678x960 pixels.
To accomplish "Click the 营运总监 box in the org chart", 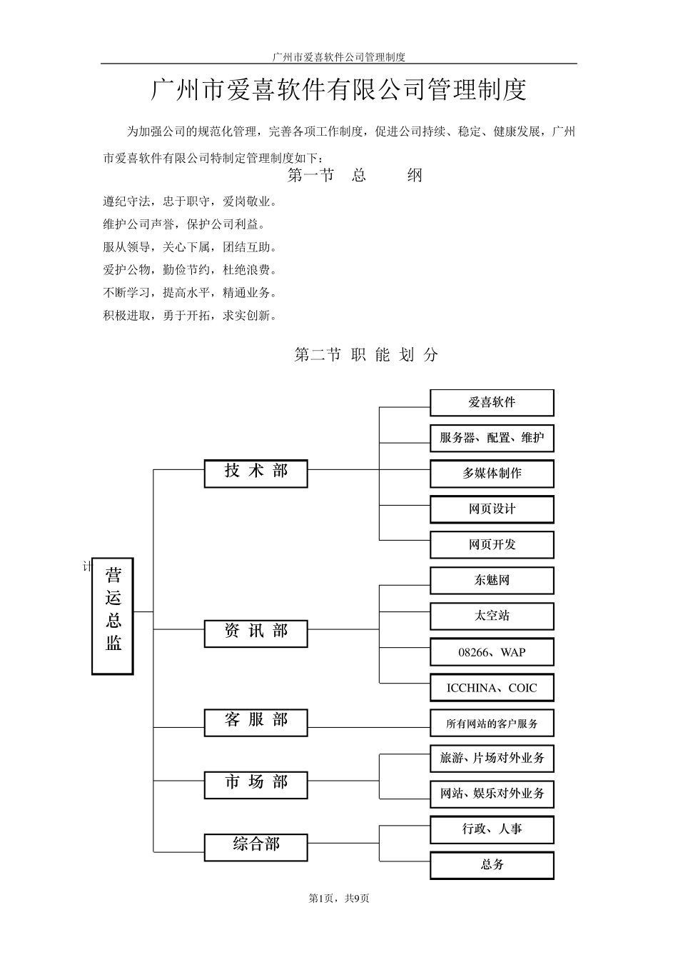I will point(113,616).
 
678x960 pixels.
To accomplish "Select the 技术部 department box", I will point(255,473).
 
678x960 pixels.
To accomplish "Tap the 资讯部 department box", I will point(255,633).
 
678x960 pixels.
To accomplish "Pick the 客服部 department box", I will point(255,722).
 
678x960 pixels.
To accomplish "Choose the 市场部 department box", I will point(255,784).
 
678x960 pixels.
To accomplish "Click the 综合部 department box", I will point(255,846).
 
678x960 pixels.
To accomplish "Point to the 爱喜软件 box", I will point(492,403).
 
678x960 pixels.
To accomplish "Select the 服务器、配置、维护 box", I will point(492,439).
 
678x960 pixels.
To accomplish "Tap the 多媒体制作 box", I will point(492,474).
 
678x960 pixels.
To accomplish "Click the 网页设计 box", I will point(492,509).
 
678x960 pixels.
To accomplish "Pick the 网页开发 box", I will point(492,545).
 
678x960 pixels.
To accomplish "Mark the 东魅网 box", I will point(492,581).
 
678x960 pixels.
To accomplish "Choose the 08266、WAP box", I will point(492,652).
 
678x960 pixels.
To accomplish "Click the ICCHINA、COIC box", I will point(492,688).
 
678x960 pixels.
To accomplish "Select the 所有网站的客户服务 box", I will point(492,724).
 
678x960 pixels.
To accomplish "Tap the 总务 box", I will point(492,865).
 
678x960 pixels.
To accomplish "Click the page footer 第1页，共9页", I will point(339,899).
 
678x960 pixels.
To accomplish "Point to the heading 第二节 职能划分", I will point(366,355).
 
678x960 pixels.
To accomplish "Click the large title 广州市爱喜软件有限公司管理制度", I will point(339,91).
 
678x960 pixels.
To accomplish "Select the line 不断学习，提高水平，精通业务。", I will point(190,293).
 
